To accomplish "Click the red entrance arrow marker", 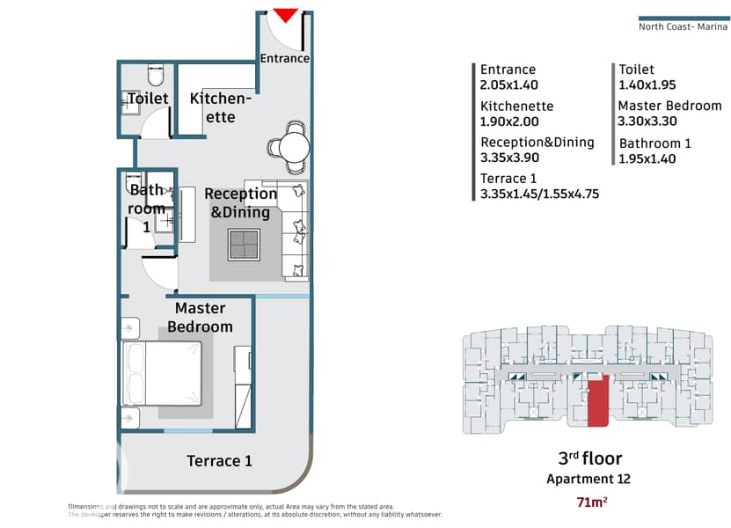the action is (285, 14).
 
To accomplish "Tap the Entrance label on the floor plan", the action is (285, 58).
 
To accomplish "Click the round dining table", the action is (294, 147).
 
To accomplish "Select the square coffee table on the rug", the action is (244, 245).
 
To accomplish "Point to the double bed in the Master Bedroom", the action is (162, 373).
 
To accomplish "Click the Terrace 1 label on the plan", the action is (219, 461).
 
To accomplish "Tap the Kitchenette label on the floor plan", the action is (221, 107).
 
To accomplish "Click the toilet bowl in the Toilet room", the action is (156, 75).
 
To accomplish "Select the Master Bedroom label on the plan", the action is (200, 317).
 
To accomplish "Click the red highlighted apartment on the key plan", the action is (598, 400).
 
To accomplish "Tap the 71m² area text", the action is (592, 502).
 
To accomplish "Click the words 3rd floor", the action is (589, 458).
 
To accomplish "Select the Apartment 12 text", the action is (588, 479).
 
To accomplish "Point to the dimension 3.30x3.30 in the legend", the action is (647, 121).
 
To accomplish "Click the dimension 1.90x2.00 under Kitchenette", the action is (509, 121).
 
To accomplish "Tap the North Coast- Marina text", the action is (683, 26).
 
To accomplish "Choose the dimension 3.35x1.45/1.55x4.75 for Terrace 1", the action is (539, 194).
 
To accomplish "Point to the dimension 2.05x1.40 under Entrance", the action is (509, 84).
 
